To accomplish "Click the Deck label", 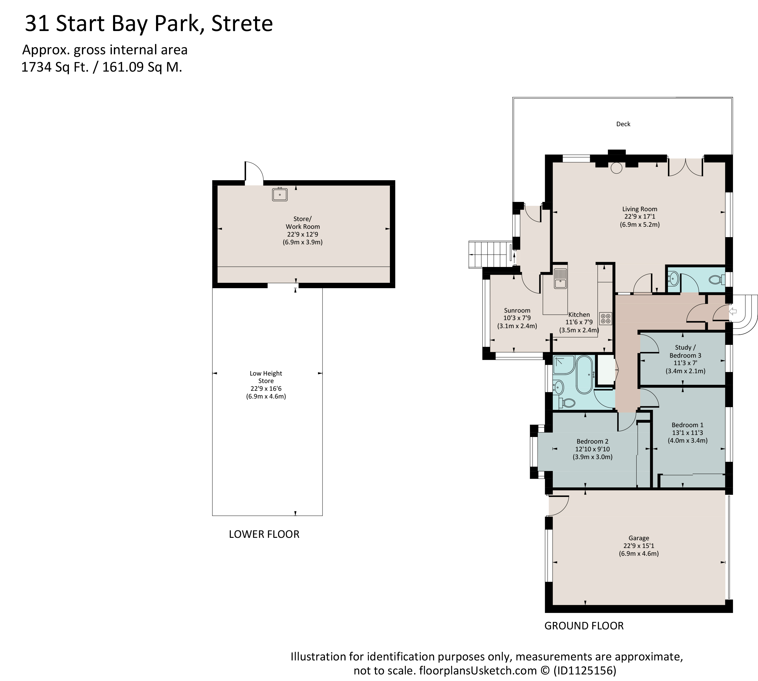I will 623,124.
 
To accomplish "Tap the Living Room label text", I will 639,209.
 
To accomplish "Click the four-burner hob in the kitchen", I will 605,318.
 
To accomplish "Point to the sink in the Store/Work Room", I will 280,194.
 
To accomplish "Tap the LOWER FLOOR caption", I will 264,534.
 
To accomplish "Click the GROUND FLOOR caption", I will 584,626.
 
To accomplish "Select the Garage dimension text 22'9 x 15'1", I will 639,546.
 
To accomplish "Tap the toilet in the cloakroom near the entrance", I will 716,279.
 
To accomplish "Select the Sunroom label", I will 517,310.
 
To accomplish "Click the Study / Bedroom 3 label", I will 685,351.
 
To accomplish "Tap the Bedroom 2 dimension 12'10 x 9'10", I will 592,449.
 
